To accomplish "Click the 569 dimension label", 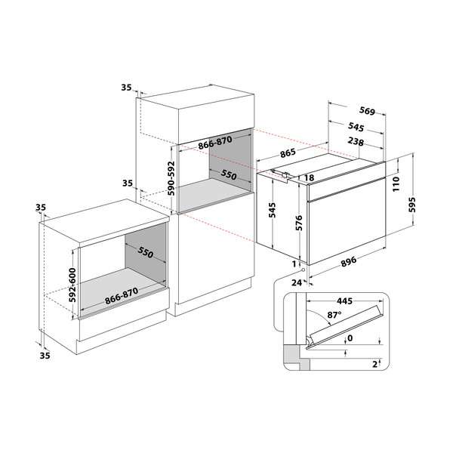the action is [367, 111].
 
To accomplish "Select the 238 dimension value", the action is [356, 142].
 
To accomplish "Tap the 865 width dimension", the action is [288, 153].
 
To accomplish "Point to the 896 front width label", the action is [349, 262].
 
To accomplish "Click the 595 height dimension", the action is [412, 205].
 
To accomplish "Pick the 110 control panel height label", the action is [396, 183].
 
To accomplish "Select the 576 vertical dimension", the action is [299, 223].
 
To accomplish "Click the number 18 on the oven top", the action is [309, 177].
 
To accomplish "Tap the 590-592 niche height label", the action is [171, 178].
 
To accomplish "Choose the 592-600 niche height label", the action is [72, 285].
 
